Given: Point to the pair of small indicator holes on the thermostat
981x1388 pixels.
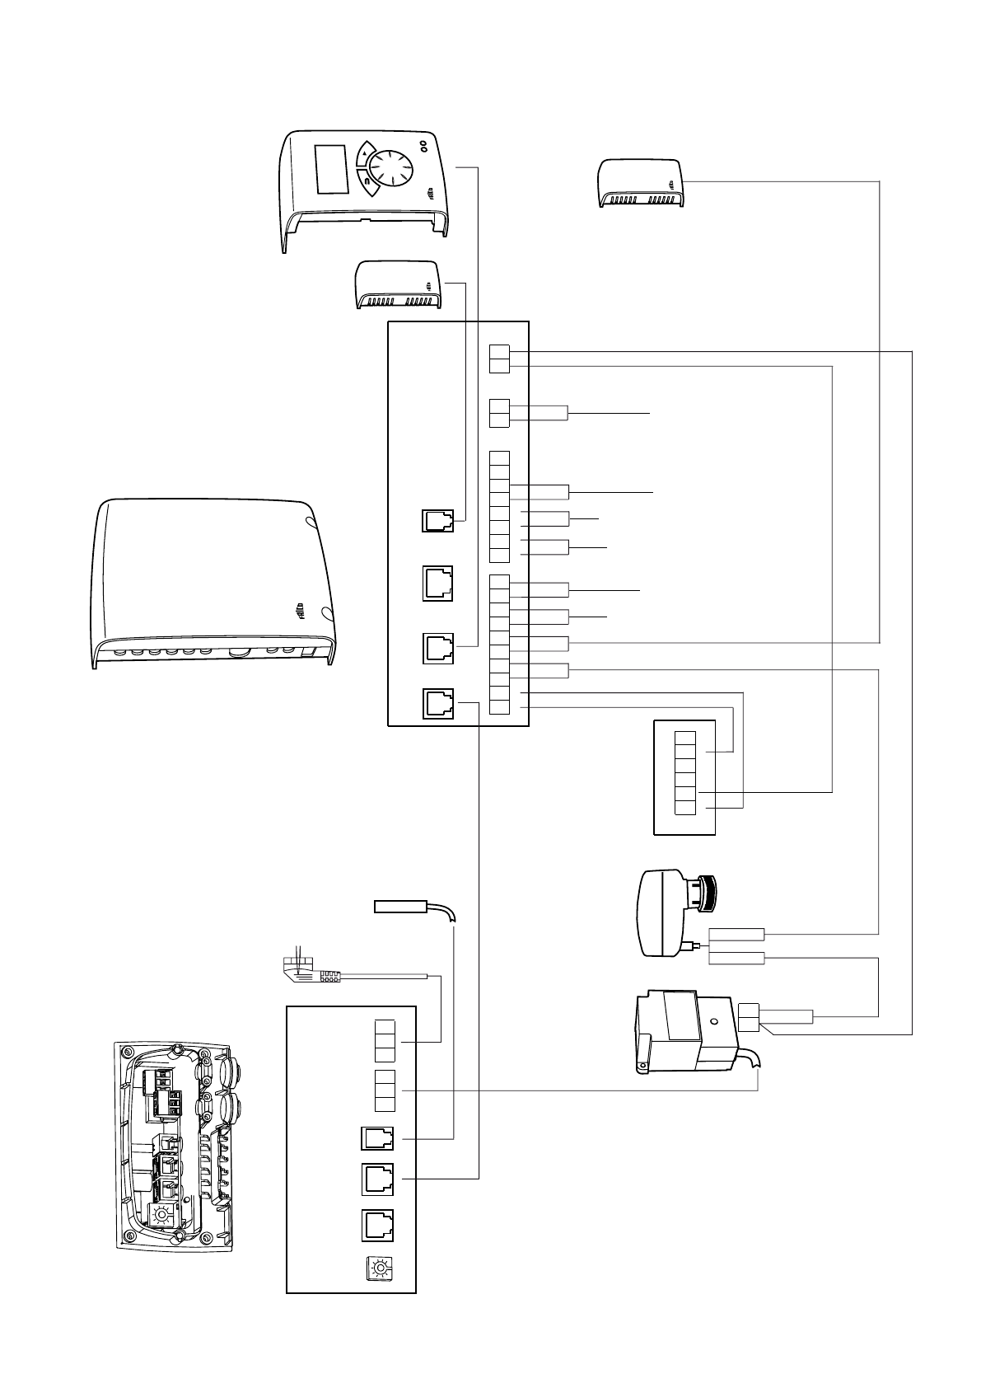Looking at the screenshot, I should (424, 146).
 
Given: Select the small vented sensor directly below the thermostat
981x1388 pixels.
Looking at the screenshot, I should (398, 284).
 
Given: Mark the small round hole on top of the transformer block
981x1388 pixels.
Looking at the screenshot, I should (713, 1021).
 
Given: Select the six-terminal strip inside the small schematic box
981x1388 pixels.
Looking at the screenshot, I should (685, 772).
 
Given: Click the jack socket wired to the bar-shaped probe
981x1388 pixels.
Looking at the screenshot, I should (377, 1139).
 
